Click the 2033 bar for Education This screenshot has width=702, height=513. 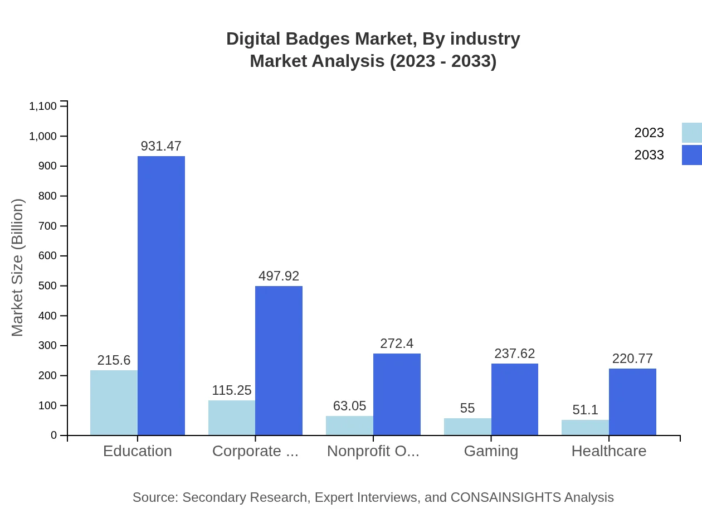click(x=161, y=296)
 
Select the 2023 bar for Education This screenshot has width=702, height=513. click(x=114, y=403)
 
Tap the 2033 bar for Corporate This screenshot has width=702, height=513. click(x=279, y=360)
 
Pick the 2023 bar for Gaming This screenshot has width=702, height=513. click(x=467, y=427)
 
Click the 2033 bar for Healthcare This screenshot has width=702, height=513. click(x=632, y=401)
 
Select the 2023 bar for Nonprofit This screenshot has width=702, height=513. click(x=349, y=425)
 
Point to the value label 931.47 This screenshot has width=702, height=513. click(x=161, y=146)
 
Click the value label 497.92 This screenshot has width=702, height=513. click(x=279, y=276)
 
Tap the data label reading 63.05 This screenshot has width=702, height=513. click(x=349, y=406)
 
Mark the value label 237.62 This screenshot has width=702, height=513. click(x=514, y=354)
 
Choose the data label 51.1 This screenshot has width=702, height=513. click(x=585, y=410)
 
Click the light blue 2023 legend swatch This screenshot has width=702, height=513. click(x=691, y=133)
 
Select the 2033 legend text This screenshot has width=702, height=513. click(x=649, y=155)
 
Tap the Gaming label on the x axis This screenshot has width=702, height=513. click(x=491, y=451)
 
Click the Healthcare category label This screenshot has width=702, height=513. click(x=608, y=451)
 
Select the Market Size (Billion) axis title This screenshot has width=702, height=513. click(x=18, y=268)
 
